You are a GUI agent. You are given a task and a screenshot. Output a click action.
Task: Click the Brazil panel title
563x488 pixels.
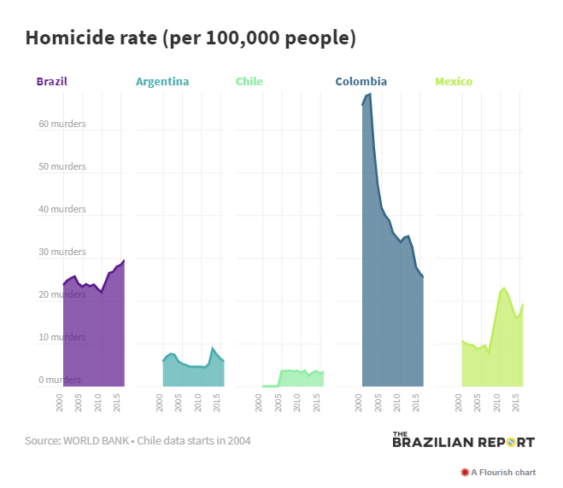point(52,82)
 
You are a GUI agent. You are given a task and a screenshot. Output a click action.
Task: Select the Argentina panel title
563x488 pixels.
point(162,82)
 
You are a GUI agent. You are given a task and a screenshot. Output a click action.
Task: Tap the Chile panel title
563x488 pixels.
point(249,82)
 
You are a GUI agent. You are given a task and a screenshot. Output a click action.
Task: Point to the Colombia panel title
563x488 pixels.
point(361,82)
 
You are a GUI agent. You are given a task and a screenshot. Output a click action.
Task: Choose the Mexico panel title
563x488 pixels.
point(454,82)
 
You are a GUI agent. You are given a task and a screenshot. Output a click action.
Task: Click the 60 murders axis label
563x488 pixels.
point(62,124)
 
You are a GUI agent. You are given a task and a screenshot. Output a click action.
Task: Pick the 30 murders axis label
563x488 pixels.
point(62,252)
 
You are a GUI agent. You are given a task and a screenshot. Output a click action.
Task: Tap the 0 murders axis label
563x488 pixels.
point(59,380)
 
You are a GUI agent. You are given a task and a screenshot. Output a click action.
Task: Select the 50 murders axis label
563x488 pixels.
point(62,166)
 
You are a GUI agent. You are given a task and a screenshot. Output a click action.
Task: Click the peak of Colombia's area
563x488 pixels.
point(369,94)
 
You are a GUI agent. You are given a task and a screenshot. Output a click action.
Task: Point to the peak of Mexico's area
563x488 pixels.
point(504,288)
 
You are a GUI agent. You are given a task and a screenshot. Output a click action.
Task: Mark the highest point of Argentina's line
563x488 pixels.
point(213,348)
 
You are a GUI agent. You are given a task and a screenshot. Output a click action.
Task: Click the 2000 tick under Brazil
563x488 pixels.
point(60,403)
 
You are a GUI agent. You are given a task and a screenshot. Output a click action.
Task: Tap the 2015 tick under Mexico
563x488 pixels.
point(516,403)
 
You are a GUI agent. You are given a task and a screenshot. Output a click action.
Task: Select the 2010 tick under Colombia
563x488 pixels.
point(397,403)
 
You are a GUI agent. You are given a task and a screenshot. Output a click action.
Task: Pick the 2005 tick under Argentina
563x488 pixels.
point(179,403)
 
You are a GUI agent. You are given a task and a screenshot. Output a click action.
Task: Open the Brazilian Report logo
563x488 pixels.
point(463,440)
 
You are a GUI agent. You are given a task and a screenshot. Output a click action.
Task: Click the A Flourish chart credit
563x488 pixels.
point(498,472)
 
